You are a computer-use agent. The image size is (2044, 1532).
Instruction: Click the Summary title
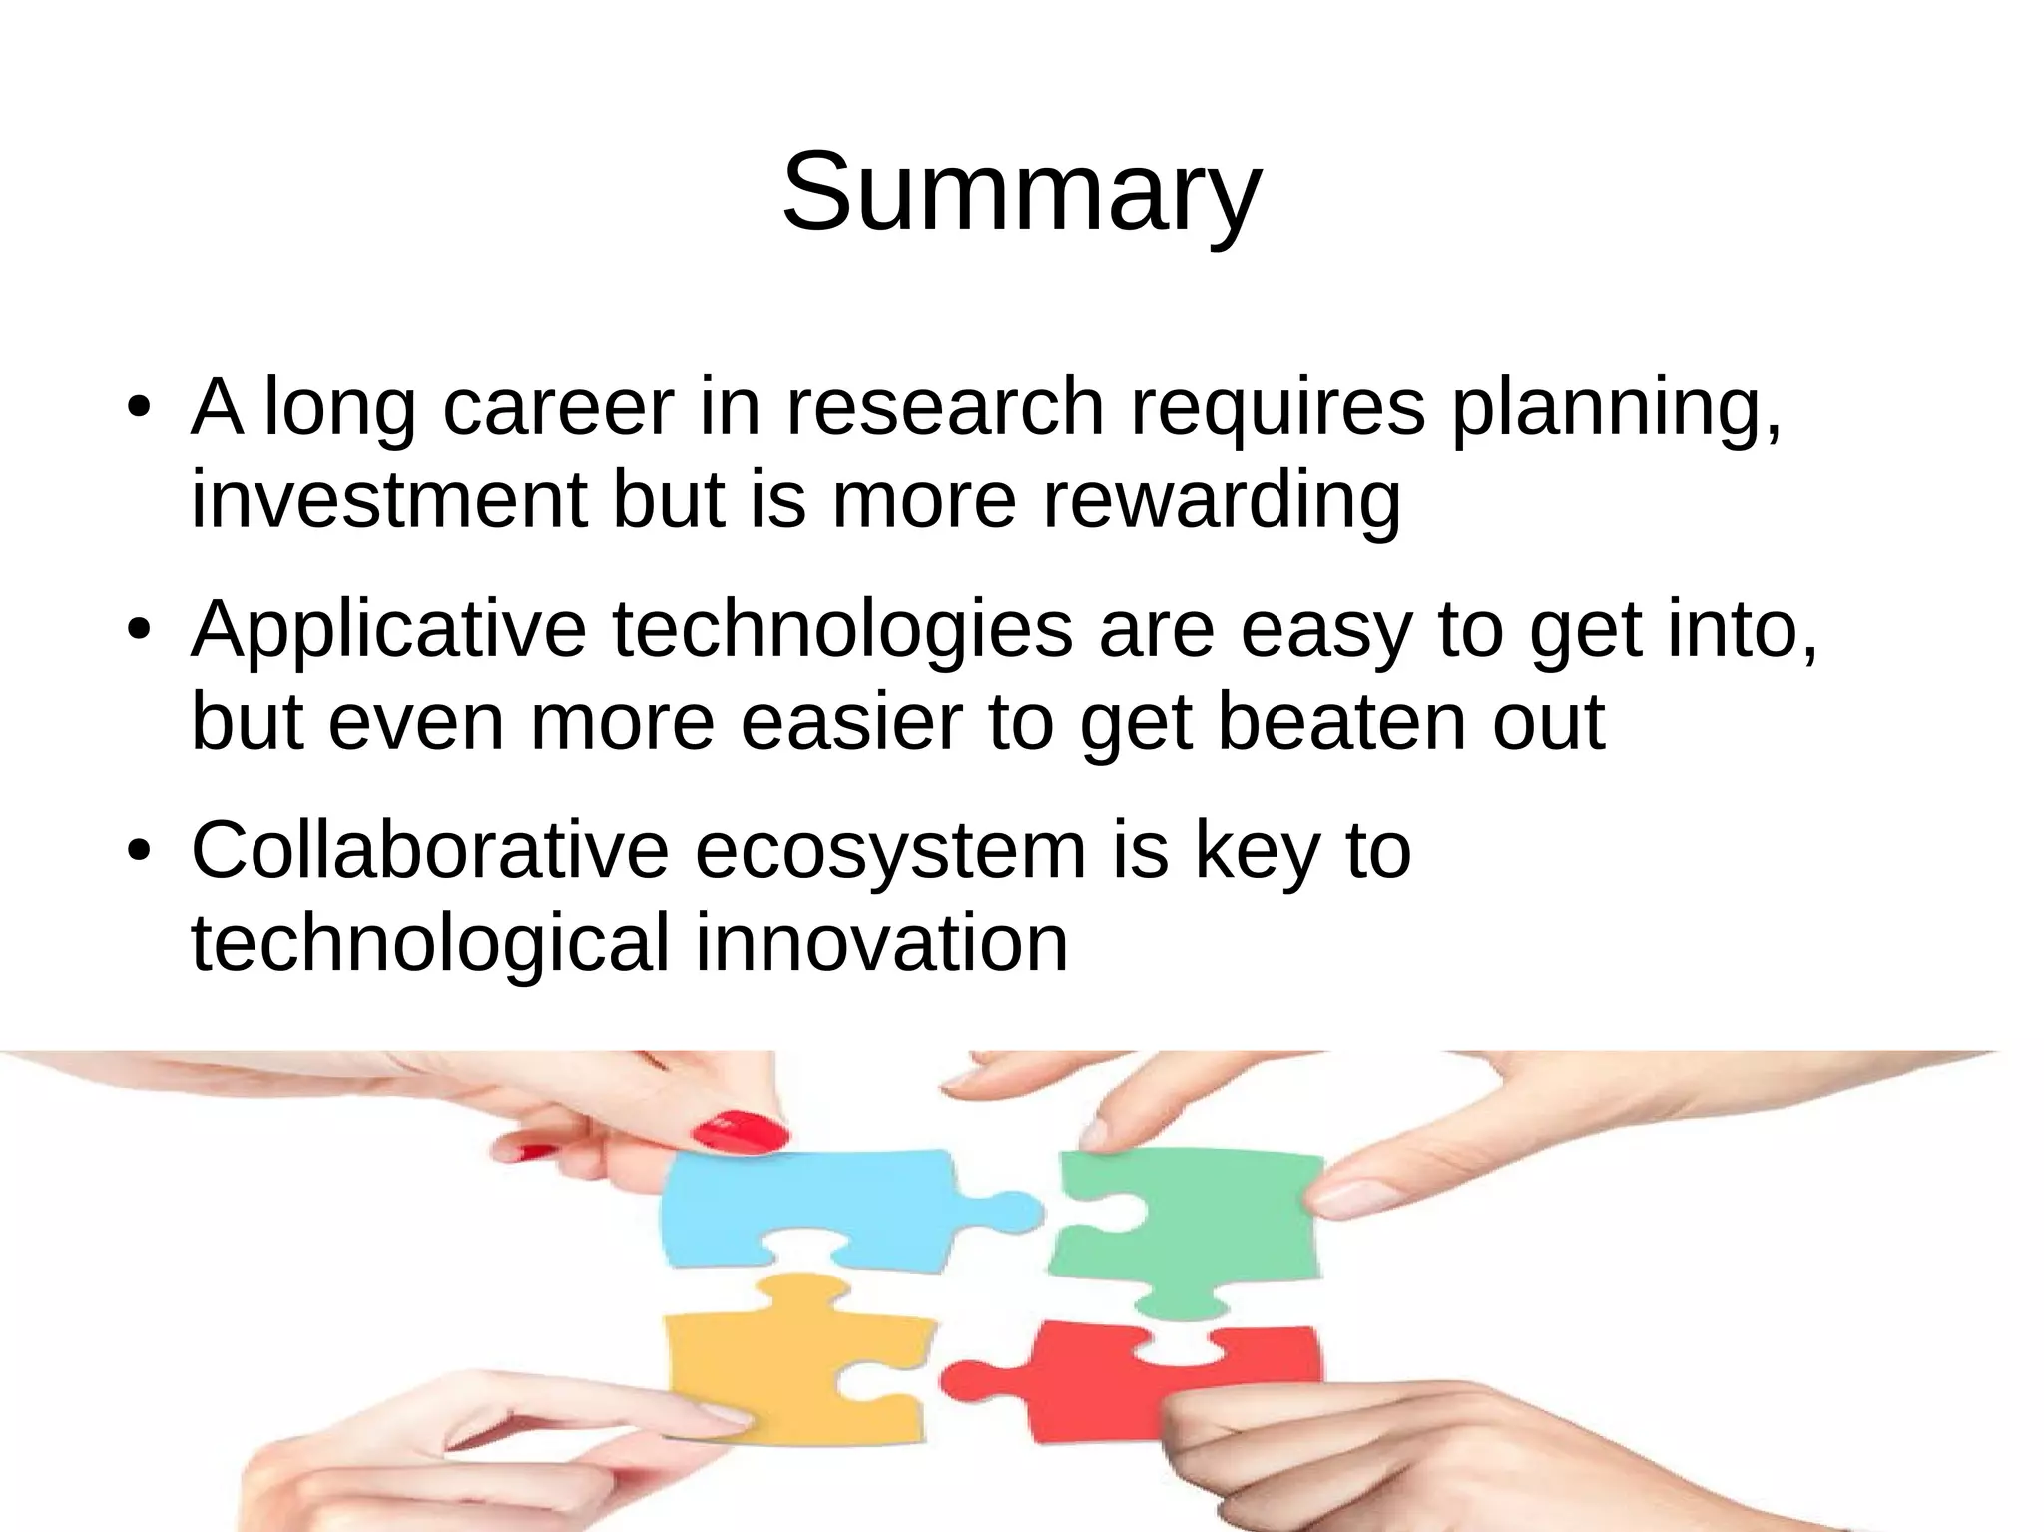point(1021,191)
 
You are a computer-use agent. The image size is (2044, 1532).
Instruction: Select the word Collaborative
point(429,850)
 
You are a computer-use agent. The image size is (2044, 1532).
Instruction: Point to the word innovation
point(881,942)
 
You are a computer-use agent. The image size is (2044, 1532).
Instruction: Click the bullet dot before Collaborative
point(138,852)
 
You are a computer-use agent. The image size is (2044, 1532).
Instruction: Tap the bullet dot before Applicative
point(138,631)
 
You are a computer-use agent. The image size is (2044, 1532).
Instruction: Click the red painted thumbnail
point(741,1133)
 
